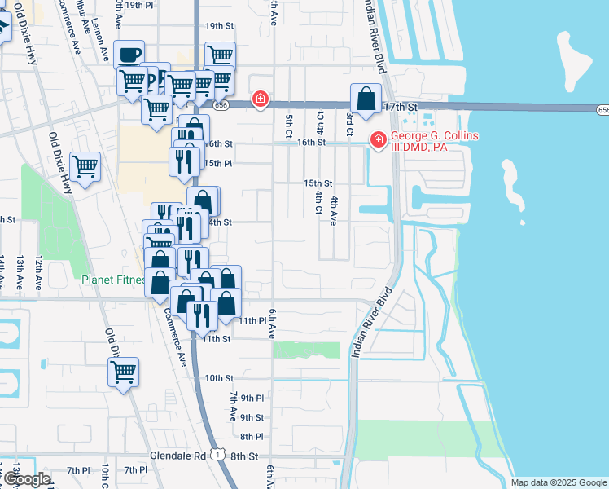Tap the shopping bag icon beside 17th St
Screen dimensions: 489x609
click(366, 99)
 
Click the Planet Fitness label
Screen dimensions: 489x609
click(114, 280)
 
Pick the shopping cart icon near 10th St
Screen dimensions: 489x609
click(123, 372)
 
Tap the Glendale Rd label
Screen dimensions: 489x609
click(176, 457)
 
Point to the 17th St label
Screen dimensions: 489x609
click(400, 107)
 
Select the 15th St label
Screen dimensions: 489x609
click(318, 183)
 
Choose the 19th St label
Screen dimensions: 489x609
click(219, 26)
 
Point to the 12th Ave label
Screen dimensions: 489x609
click(38, 272)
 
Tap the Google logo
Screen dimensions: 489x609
click(27, 479)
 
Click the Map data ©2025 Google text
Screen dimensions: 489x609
click(559, 482)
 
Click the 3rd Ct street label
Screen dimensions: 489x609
click(348, 119)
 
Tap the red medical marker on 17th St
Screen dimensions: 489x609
click(260, 99)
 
